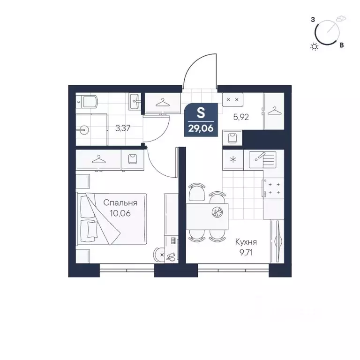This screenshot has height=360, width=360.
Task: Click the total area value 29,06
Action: click(201, 127)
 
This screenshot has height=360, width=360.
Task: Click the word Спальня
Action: click(120, 203)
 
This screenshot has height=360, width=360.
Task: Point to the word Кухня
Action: click(246, 242)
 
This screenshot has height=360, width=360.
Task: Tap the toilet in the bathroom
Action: click(87, 101)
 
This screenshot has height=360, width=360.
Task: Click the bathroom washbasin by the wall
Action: click(136, 100)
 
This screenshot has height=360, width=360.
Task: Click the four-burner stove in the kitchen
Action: click(273, 188)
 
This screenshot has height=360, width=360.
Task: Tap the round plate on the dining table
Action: click(217, 212)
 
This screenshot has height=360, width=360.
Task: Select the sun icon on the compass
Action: click(314, 46)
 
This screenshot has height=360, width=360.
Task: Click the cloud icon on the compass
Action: click(342, 19)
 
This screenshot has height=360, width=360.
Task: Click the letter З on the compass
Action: click(313, 20)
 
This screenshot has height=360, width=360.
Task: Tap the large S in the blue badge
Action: click(201, 113)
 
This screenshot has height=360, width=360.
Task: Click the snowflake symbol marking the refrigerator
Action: click(232, 159)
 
